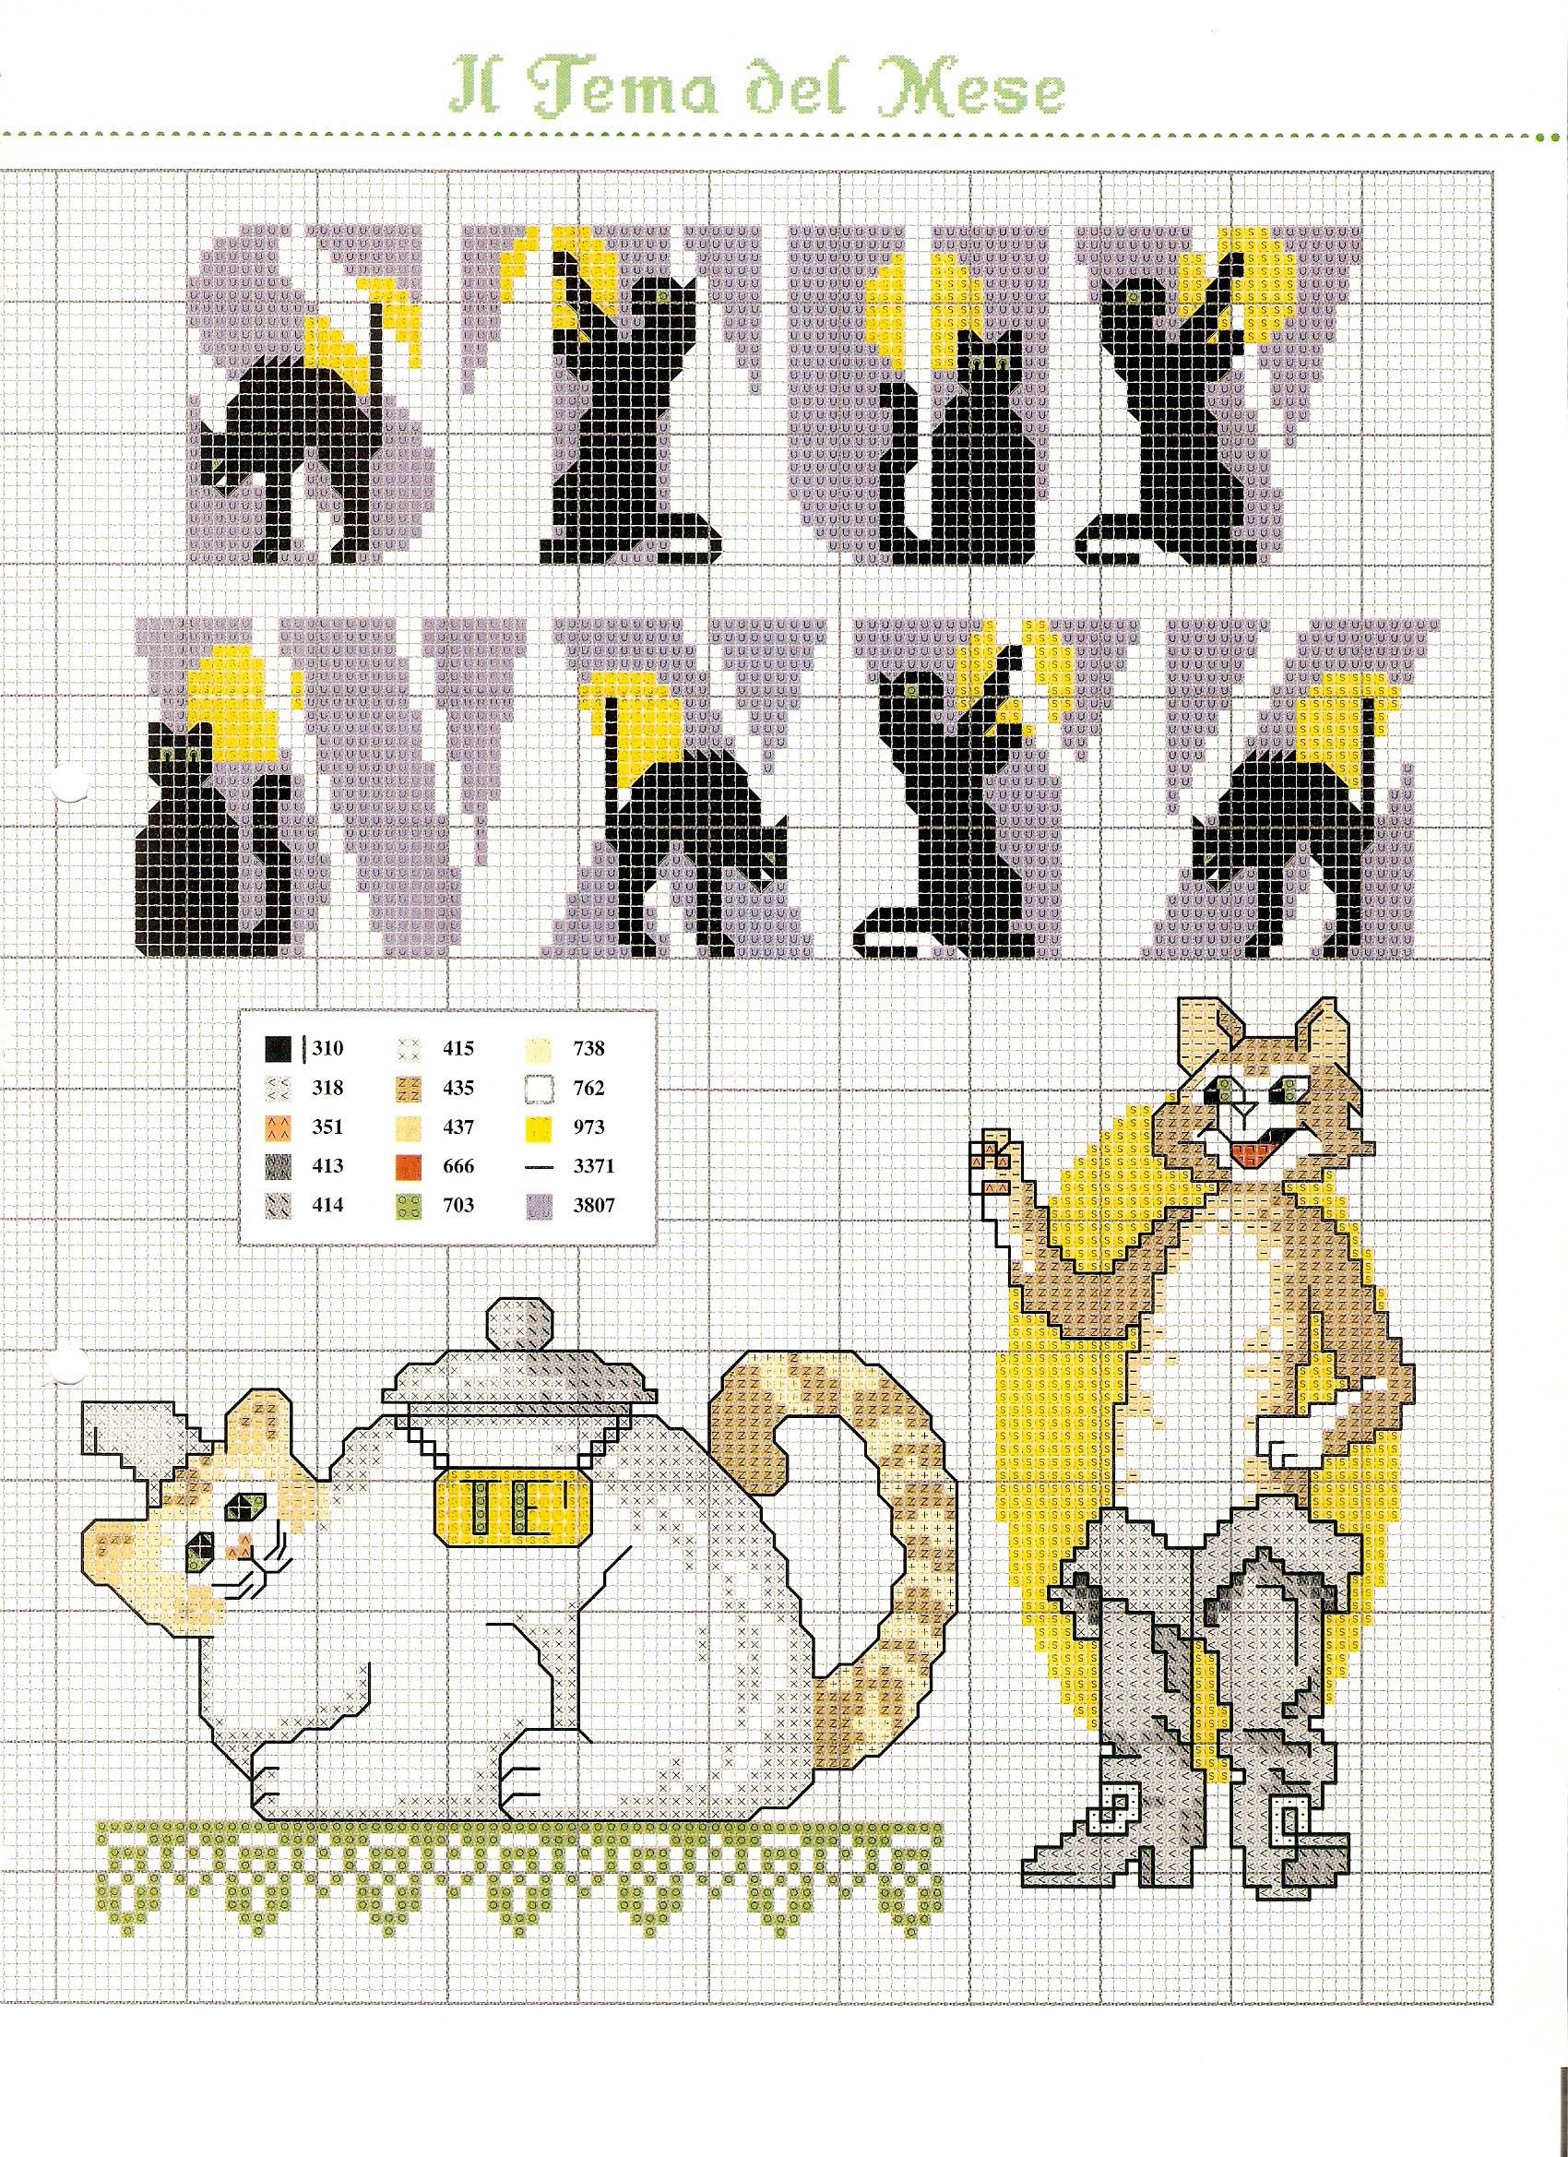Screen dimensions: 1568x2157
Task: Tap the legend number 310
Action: coord(327,1049)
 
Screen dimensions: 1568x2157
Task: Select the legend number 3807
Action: coord(593,1206)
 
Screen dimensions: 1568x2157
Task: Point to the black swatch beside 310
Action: coord(278,1050)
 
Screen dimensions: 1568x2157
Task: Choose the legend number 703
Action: coord(458,1206)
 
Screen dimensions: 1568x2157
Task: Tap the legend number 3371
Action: coord(593,1167)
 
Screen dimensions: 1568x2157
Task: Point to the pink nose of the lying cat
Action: coord(235,1551)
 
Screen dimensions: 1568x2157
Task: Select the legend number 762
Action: coord(588,1088)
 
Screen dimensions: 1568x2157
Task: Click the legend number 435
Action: coord(458,1088)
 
